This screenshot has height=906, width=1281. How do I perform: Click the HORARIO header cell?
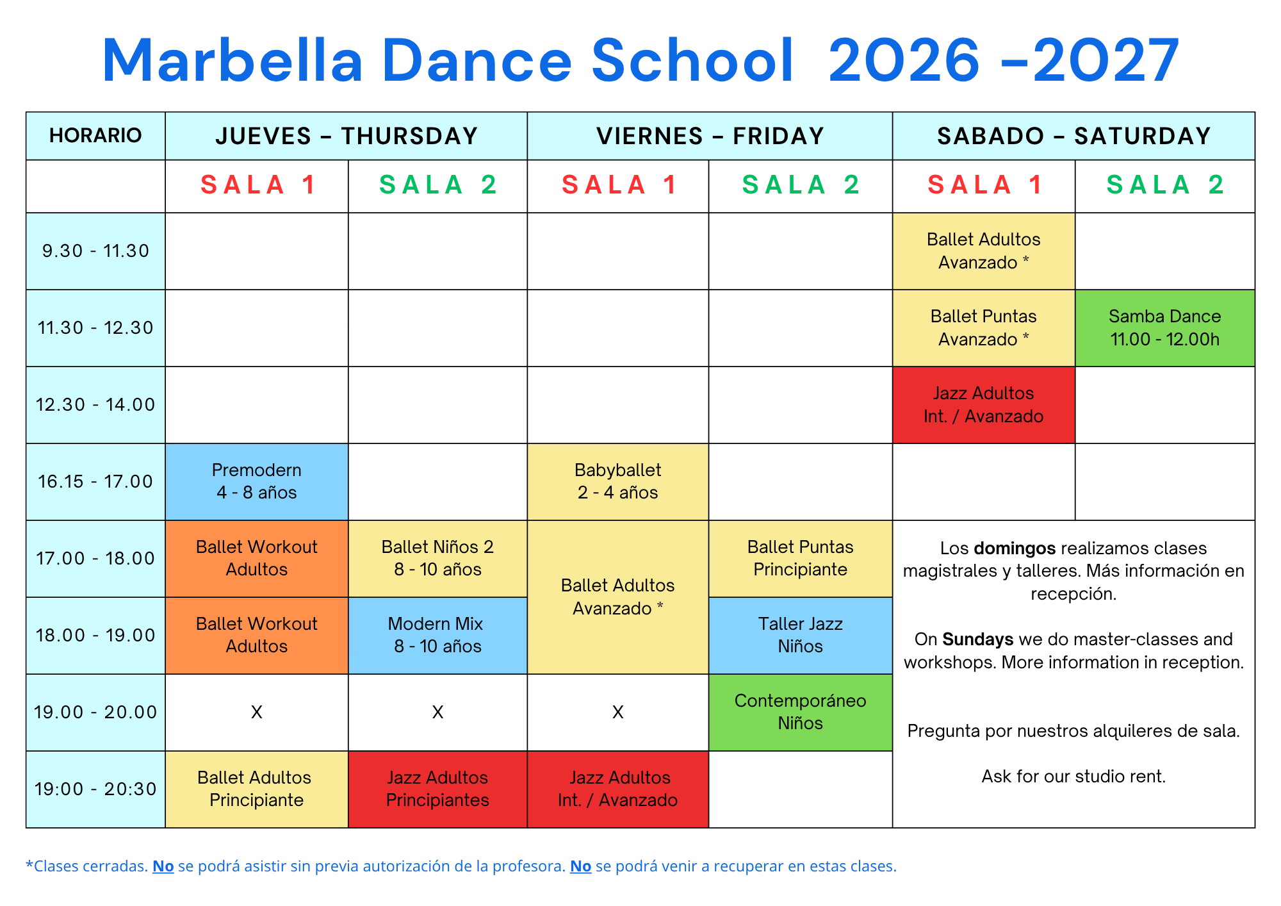pos(95,136)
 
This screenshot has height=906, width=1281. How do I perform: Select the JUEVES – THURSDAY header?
pos(347,136)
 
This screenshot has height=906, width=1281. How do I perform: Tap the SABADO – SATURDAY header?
pos(1073,136)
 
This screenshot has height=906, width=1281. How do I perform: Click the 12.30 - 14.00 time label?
pos(95,405)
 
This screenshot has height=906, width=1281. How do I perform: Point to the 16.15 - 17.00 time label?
pos(95,482)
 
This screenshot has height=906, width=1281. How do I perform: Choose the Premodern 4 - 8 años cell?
pos(257,482)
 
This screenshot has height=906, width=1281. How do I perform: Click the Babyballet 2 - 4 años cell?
pos(618,482)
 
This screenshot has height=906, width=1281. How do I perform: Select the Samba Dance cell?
pos(1165,328)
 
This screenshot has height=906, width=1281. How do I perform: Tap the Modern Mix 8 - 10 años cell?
pos(437,636)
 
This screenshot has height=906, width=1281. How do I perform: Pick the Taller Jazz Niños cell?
pos(801,636)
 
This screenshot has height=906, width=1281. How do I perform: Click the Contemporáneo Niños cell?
pos(801,712)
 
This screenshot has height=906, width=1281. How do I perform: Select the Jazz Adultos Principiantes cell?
pos(437,789)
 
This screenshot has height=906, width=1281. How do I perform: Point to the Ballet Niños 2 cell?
pos(437,559)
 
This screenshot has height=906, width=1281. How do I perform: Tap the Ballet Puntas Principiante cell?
pos(801,559)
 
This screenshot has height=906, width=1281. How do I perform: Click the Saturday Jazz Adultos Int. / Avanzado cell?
pos(984,405)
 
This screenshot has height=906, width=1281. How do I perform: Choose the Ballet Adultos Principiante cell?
pos(257,789)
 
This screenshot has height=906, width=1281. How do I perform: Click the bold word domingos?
pos(1015,548)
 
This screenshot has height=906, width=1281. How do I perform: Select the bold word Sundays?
pos(978,639)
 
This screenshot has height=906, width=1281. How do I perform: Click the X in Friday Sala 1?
pos(618,712)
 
